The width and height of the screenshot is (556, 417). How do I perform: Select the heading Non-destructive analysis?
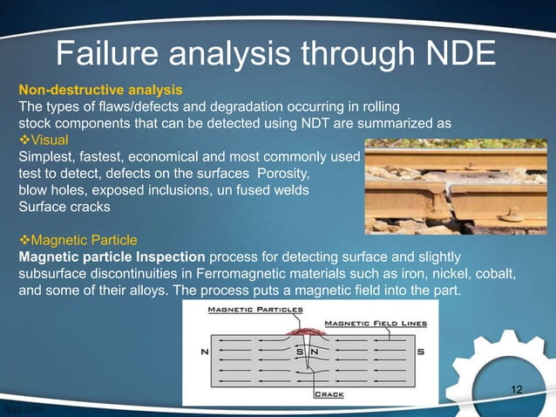click(100, 90)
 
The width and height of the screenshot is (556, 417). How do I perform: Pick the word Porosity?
click(281, 174)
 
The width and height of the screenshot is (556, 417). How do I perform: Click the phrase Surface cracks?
click(62, 207)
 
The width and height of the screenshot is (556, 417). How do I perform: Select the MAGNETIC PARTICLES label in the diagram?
click(254, 309)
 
